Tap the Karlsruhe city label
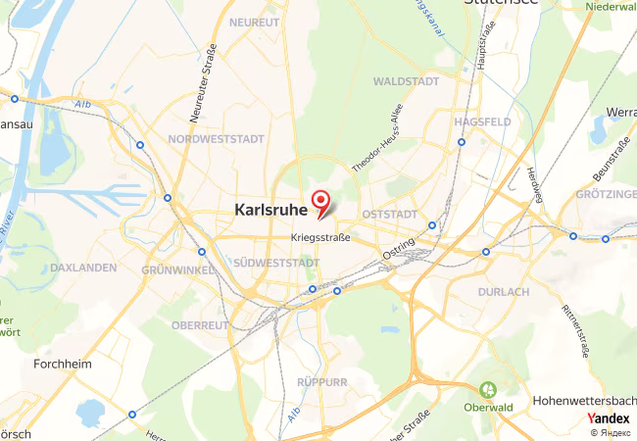tap(269, 209)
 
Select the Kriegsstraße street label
tap(320, 238)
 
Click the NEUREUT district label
tap(254, 21)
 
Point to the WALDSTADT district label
tap(406, 81)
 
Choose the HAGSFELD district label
tap(483, 122)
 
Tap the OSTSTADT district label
tap(389, 214)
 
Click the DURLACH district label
tap(504, 292)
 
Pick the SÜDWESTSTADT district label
tap(276, 263)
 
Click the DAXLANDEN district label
tap(83, 267)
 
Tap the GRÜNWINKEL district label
tap(177, 269)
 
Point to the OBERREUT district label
tap(199, 324)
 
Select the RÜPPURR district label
tap(321, 381)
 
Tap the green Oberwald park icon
tap(487, 391)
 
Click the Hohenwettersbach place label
tap(584, 401)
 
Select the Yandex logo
tap(608, 417)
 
